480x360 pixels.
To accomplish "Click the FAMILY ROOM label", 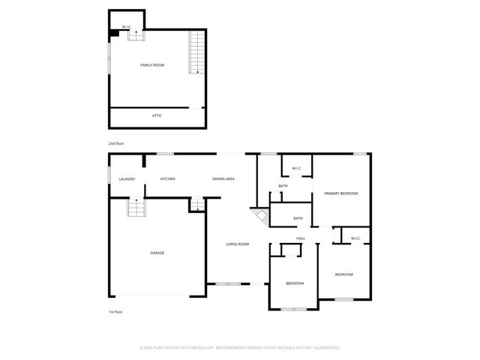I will point(152,66).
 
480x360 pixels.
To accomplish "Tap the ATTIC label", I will point(157,115).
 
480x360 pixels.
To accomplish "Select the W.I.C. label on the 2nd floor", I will point(127,28).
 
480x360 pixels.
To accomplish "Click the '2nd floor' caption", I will point(115,142).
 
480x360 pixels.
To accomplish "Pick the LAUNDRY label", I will point(127,178).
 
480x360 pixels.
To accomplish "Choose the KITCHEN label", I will point(167,178).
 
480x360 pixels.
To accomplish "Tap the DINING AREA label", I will point(223,178).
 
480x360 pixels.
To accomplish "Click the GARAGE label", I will point(157,253).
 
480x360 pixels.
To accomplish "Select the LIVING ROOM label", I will point(238,244).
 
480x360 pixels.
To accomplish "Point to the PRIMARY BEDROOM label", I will point(340,193).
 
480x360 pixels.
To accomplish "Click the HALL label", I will point(301,238).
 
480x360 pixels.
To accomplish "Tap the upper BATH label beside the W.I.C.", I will point(283,186).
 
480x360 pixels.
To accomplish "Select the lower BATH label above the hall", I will point(298,218).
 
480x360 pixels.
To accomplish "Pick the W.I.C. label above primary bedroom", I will point(296,168).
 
